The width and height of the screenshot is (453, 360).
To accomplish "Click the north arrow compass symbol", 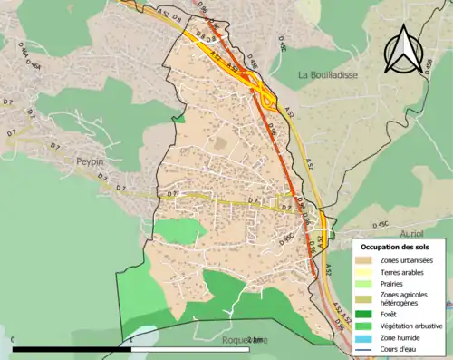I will [x=402, y=50].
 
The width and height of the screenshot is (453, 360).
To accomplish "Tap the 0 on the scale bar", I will [x=14, y=340].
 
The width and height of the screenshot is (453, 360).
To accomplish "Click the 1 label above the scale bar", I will [x=132, y=340].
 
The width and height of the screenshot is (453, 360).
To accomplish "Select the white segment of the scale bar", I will [x=190, y=349].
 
